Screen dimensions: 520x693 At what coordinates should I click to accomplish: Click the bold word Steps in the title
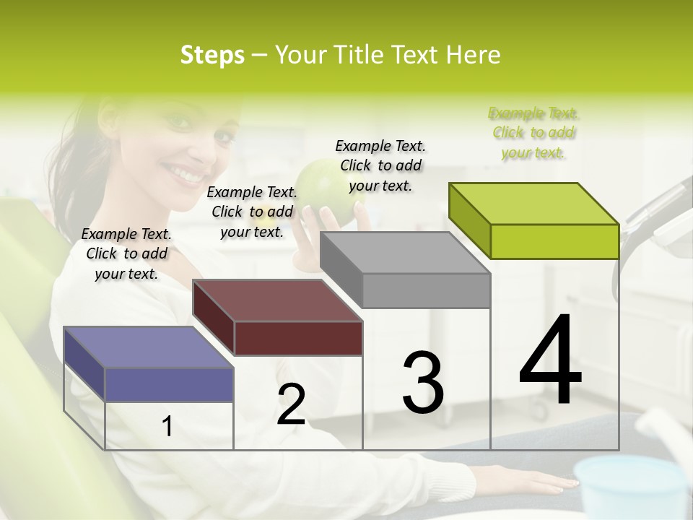point(212,55)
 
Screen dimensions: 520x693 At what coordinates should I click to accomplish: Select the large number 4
point(550,361)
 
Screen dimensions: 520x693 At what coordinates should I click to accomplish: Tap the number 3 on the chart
point(422,383)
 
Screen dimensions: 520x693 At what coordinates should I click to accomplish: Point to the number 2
point(291,405)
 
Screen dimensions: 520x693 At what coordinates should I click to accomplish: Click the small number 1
point(167,427)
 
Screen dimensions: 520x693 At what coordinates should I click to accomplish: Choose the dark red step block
point(278,318)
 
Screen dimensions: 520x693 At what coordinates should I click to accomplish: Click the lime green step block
point(534,220)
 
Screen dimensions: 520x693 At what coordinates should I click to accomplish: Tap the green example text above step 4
point(533,133)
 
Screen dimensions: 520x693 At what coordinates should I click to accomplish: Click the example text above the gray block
point(380,165)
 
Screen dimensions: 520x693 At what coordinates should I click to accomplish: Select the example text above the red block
point(252,212)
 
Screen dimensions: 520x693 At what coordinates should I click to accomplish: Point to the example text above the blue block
point(126,253)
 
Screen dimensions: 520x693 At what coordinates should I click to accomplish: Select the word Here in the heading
point(474,55)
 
